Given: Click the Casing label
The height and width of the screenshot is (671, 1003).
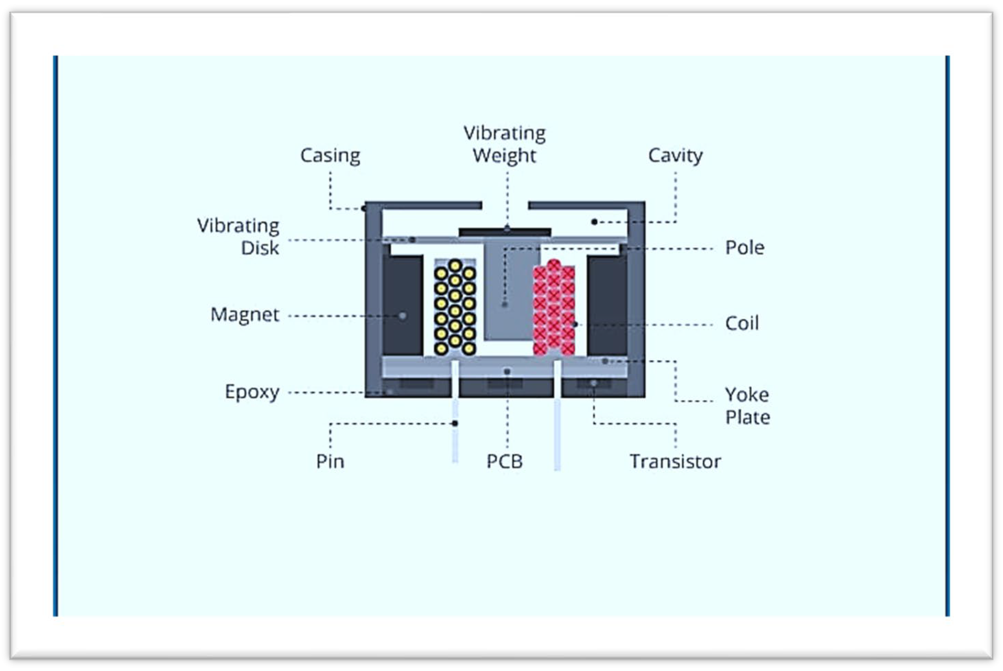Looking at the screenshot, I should [330, 155].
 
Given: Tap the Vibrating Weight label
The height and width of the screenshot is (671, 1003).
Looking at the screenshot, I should [504, 144].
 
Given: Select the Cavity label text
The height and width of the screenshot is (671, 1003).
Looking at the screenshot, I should [675, 155].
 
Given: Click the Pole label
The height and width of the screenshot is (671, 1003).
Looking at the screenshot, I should [744, 248].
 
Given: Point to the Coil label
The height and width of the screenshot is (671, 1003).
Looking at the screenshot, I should [742, 323].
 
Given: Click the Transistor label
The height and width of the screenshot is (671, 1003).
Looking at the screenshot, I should [675, 462].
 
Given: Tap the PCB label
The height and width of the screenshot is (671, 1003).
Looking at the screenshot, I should [504, 462].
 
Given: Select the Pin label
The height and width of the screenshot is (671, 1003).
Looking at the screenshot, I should [330, 462].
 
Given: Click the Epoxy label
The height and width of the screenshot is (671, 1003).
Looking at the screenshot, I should [252, 392].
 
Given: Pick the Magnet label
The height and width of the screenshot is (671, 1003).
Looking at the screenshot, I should [245, 315].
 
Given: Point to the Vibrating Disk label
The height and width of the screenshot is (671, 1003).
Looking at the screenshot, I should [238, 237].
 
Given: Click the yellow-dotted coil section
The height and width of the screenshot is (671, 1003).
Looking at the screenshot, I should [455, 307].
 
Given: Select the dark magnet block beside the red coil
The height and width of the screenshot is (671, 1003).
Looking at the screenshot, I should [607, 305].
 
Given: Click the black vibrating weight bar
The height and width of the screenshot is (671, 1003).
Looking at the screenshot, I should [505, 232].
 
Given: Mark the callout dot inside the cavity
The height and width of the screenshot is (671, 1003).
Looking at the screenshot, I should [594, 222].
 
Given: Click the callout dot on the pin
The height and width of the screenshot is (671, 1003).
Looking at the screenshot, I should [455, 423].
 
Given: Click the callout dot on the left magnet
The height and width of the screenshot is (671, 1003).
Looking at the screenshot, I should [403, 316].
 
